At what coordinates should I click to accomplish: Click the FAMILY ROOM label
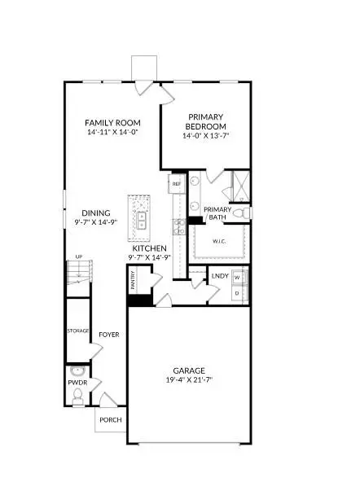click(115, 122)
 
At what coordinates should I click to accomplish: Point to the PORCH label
click(110, 421)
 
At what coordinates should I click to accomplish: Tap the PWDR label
click(77, 379)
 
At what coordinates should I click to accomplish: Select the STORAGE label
click(77, 331)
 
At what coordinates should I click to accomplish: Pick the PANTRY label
click(133, 280)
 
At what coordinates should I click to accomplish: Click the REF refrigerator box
click(175, 185)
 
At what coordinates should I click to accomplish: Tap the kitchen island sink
click(141, 218)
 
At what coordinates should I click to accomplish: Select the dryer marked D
click(236, 291)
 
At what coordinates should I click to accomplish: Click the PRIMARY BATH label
click(217, 213)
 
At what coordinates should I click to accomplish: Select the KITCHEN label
click(150, 248)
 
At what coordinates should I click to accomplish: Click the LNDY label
click(218, 276)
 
